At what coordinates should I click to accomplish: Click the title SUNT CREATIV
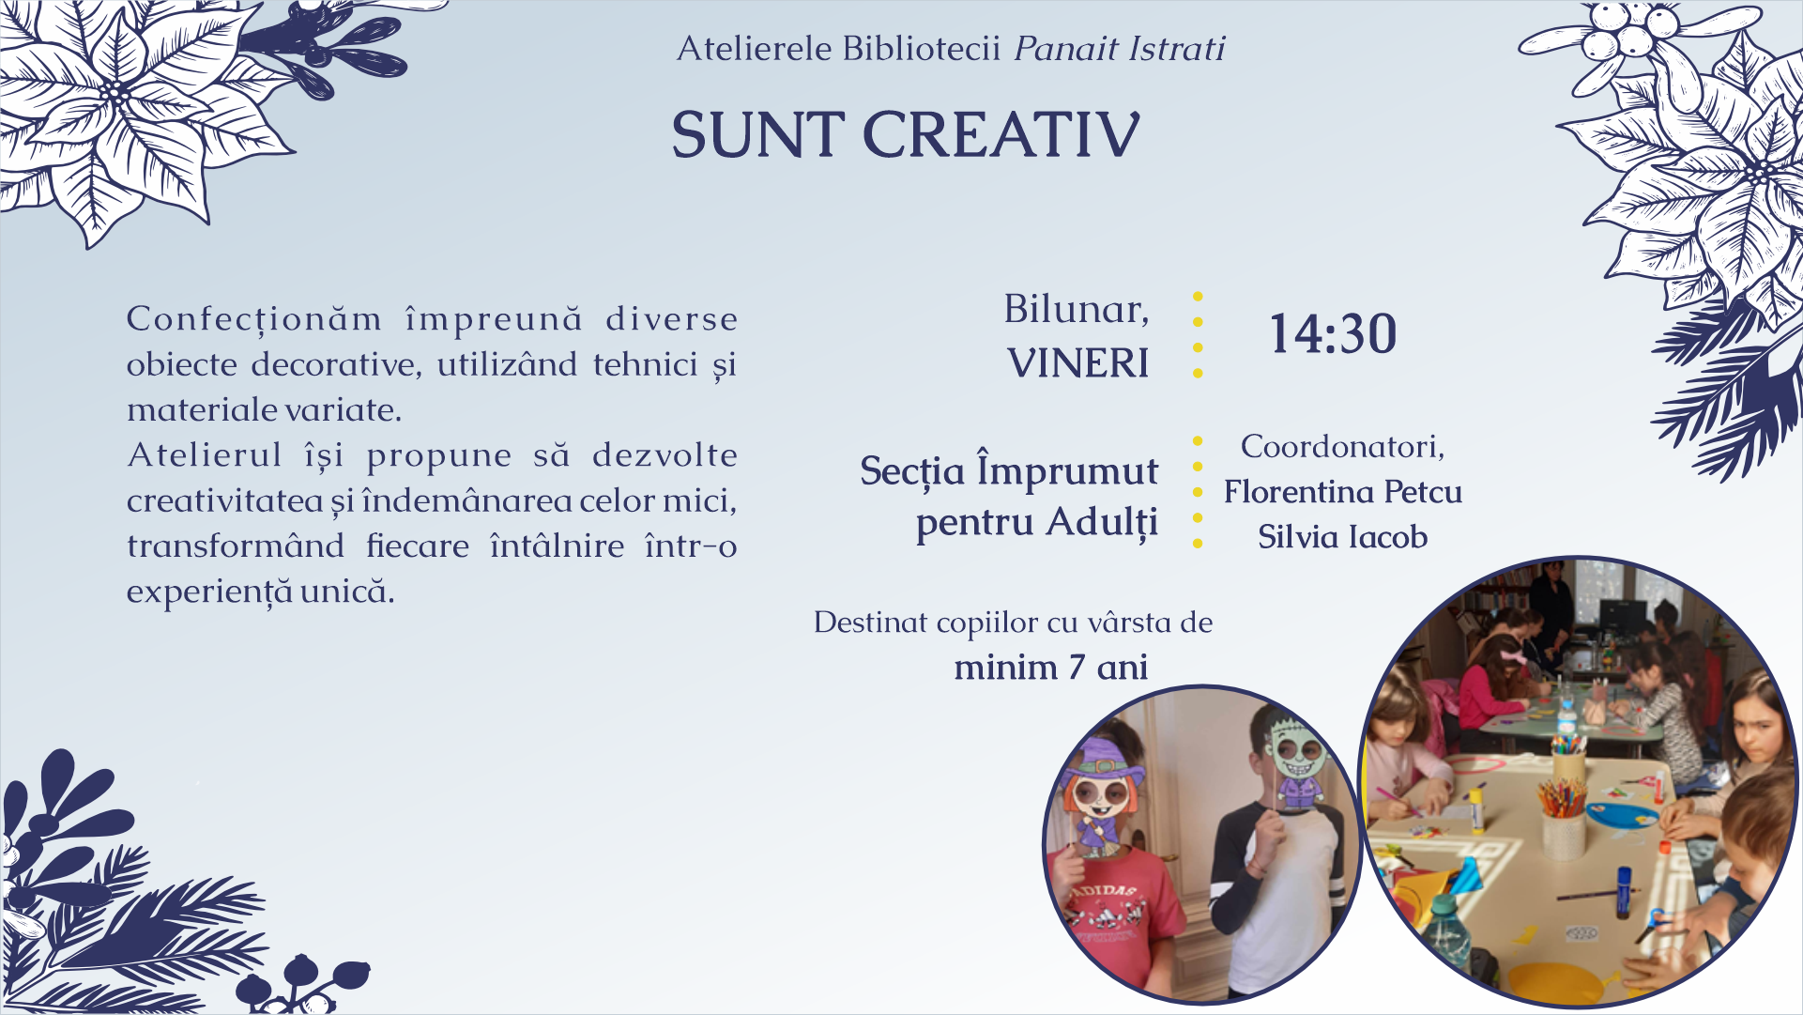(x=906, y=134)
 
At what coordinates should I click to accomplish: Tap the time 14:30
(x=1333, y=334)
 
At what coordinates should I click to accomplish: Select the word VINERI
(x=1078, y=363)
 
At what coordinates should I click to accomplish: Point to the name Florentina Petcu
(x=1343, y=491)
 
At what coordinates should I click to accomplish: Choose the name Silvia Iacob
(x=1343, y=536)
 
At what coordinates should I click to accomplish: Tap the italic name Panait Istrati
(x=1120, y=48)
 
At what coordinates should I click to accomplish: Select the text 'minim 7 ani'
(x=1051, y=667)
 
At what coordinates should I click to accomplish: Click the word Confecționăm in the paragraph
(x=254, y=319)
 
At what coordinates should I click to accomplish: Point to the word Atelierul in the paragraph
(x=205, y=455)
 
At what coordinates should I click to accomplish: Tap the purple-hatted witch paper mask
(x=1102, y=798)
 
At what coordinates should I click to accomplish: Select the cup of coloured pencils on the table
(x=1563, y=817)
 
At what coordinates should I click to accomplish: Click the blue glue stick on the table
(x=1624, y=892)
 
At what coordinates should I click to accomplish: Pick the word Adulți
(x=1102, y=523)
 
